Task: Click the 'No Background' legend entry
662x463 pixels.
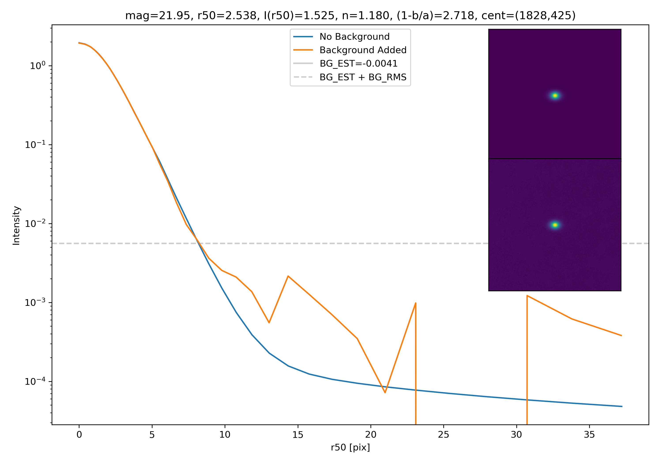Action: [x=354, y=37]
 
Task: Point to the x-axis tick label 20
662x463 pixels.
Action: [x=370, y=435]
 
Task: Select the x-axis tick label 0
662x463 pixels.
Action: [x=79, y=435]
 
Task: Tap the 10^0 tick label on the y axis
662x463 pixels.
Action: [x=38, y=66]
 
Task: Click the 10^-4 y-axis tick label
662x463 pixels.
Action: [x=35, y=381]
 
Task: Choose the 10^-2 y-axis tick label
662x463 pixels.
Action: [x=35, y=224]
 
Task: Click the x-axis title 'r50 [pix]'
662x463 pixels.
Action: [x=350, y=447]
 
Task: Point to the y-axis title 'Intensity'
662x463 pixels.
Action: [x=16, y=226]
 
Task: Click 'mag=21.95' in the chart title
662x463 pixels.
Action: [x=157, y=16]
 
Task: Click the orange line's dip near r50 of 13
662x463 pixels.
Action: [x=269, y=323]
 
